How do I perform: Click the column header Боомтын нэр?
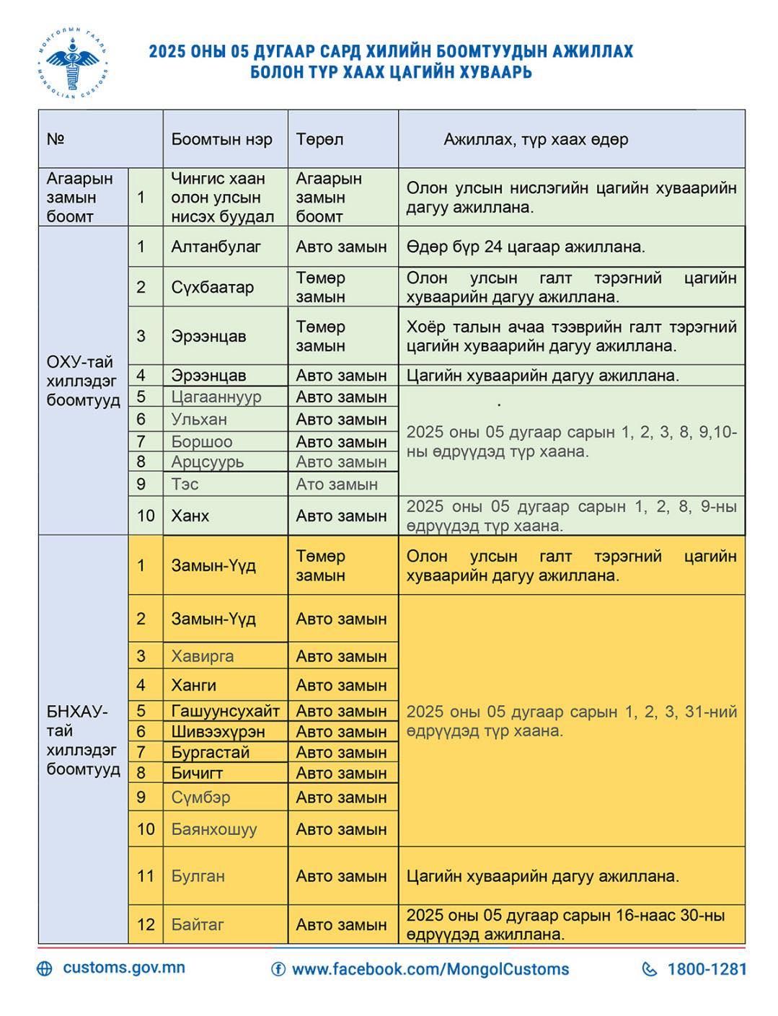(x=221, y=139)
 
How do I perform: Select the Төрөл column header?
(x=319, y=139)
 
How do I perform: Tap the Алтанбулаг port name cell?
(x=216, y=247)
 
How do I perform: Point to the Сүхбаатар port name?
(x=212, y=287)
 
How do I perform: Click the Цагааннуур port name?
(x=216, y=397)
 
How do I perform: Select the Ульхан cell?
(x=199, y=419)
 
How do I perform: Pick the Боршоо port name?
(x=201, y=441)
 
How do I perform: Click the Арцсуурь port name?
(x=207, y=461)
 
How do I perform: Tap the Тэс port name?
(x=185, y=484)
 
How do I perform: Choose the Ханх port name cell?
(x=190, y=516)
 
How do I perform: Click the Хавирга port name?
(x=202, y=656)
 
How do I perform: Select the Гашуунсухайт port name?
(x=225, y=711)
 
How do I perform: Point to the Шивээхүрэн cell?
(x=218, y=731)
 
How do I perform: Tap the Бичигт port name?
(x=197, y=773)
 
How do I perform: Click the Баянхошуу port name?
(x=213, y=829)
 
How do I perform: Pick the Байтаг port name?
(x=198, y=924)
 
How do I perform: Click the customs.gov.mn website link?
(x=123, y=968)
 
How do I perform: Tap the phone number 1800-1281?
(x=707, y=969)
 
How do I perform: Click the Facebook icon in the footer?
(x=278, y=969)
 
